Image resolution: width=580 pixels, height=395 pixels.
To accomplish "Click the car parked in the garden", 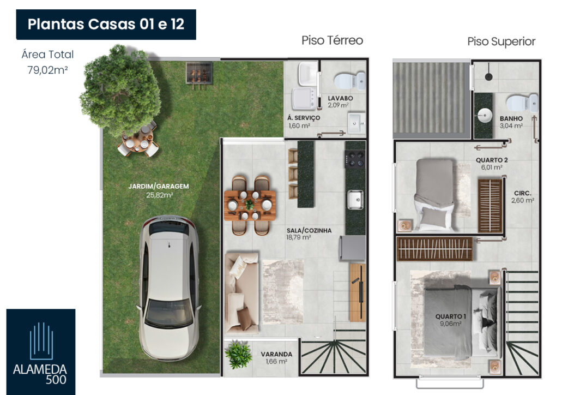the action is coord(168,288).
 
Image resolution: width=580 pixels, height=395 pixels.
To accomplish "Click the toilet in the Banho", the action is coord(522,103).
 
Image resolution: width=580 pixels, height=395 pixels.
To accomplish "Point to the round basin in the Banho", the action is coord(484,115).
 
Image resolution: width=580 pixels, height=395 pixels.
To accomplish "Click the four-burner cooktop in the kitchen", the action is coord(355,159).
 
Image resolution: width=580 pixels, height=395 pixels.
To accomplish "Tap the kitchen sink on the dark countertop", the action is coord(355,200).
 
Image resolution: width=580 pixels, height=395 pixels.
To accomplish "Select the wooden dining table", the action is coord(250,206).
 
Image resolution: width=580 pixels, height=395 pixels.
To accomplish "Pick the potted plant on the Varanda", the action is coord(238,355).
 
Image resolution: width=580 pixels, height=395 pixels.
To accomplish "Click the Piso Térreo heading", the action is coord(332,40).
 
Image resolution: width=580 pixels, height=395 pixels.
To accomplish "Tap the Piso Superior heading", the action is coord(501,41).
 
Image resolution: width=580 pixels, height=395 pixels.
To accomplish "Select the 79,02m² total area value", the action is coord(47,70).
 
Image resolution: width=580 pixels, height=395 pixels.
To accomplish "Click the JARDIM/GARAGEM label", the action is coord(158,186).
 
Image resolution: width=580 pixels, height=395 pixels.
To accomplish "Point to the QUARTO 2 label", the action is coord(492,160).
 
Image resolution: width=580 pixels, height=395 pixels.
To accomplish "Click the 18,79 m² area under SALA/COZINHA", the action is coord(298,237).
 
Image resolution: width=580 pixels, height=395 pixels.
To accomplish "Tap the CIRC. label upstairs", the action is coord(523,193).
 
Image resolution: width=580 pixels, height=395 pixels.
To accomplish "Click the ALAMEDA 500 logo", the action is coord(41,352).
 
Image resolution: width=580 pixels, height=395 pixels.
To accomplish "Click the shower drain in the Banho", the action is coord(488,77).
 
